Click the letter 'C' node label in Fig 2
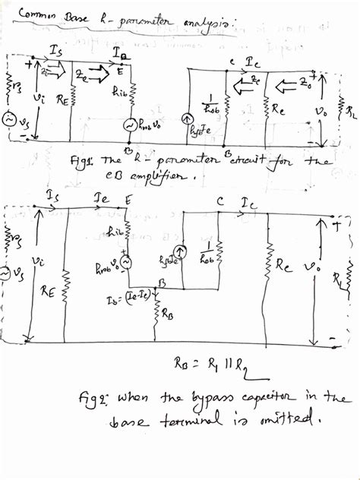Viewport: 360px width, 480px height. tap(219, 204)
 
